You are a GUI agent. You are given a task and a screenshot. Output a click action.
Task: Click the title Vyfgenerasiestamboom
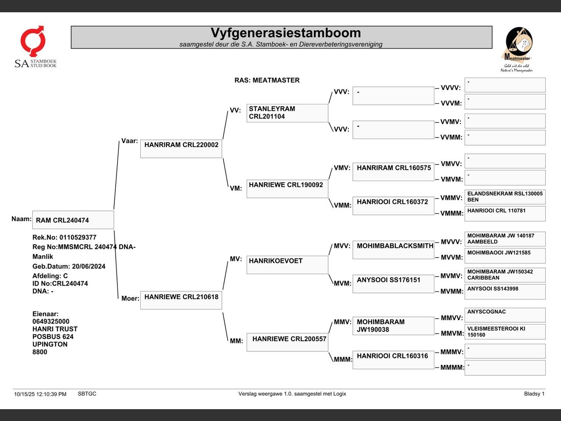[x=286, y=33]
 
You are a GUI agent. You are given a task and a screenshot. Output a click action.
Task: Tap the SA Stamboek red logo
[x=33, y=41]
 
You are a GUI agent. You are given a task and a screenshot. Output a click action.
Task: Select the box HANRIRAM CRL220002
[x=181, y=149]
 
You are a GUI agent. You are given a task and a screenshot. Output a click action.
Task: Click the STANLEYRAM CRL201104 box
[x=287, y=113]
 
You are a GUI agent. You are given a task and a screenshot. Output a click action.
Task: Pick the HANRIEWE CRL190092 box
[x=287, y=189]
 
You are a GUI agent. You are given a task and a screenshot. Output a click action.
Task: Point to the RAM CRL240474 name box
[x=73, y=220]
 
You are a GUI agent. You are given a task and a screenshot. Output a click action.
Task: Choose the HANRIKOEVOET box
[x=287, y=265]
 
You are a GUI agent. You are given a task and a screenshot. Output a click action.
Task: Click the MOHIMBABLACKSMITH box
[x=393, y=250]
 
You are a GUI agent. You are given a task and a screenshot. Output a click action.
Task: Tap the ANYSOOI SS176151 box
[x=393, y=284]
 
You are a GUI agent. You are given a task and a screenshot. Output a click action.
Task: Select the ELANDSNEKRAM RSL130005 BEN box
[x=505, y=197]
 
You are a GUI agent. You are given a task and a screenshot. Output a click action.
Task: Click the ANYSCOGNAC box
[x=505, y=315]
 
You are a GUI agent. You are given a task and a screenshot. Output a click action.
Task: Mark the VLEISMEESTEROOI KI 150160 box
[x=505, y=332]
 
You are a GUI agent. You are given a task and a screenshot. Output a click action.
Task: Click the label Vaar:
[x=130, y=141]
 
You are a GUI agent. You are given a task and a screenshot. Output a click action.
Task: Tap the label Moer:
[x=130, y=298]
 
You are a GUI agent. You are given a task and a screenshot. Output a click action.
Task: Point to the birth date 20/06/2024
[x=89, y=266]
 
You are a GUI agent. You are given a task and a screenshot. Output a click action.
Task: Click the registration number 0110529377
[x=78, y=237]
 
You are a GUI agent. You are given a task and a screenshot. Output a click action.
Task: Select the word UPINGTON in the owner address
[x=50, y=344]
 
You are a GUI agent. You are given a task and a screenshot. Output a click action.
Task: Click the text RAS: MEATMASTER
[x=267, y=80]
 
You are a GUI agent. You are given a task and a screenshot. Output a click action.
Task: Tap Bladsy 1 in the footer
[x=534, y=394]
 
